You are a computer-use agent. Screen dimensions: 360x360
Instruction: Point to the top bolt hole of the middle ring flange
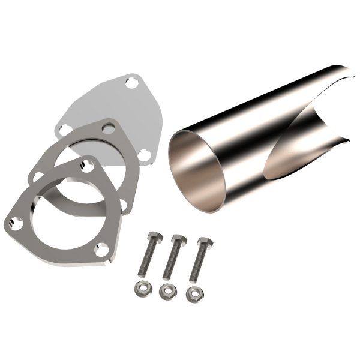coord(107,128)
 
